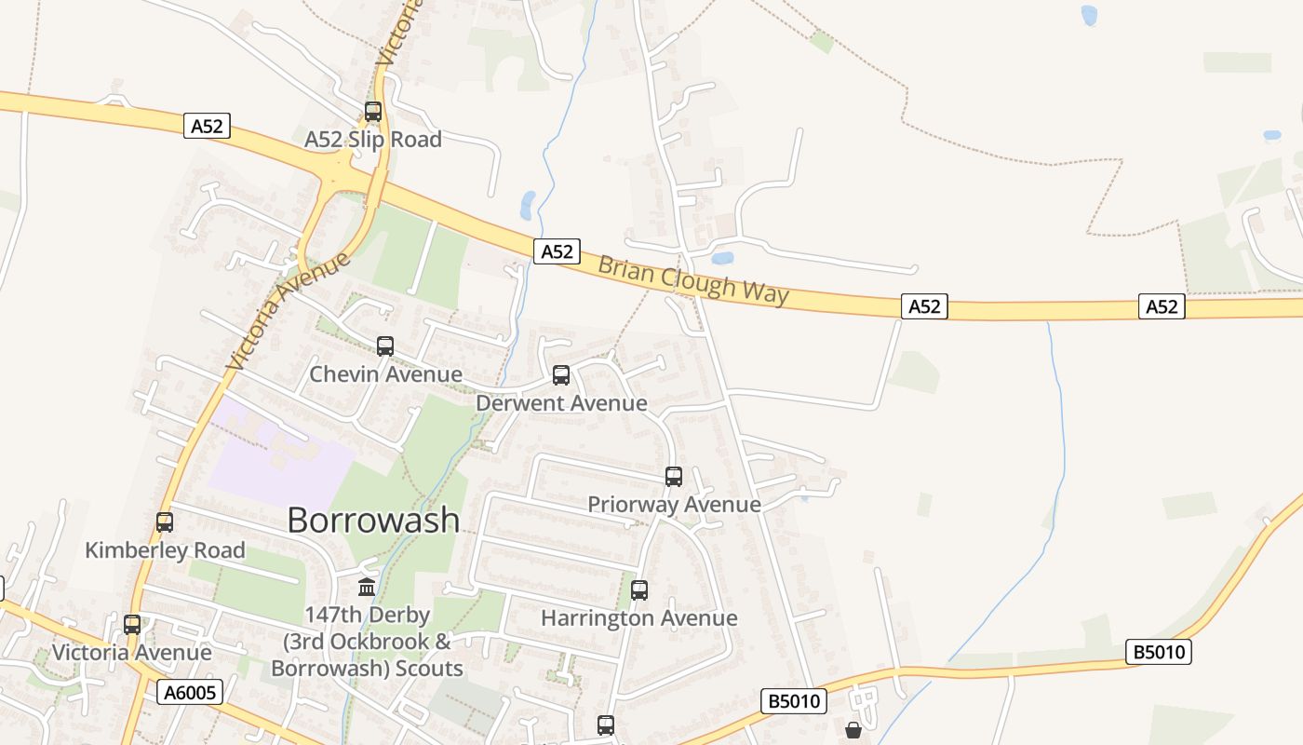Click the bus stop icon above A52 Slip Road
373,112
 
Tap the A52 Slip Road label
373,140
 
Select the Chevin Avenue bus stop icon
385,346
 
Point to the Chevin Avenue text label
385,374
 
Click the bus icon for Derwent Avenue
561,375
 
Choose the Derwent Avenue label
561,403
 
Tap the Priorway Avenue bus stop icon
674,477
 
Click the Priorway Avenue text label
674,505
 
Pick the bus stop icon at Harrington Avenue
639,589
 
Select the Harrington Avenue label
639,618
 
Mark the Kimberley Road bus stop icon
165,522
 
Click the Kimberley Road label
165,550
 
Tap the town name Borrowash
373,520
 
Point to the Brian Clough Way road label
693,279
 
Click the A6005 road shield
190,692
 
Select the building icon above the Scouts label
367,588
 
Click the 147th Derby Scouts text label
367,642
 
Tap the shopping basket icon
853,731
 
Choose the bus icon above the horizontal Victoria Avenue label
132,624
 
